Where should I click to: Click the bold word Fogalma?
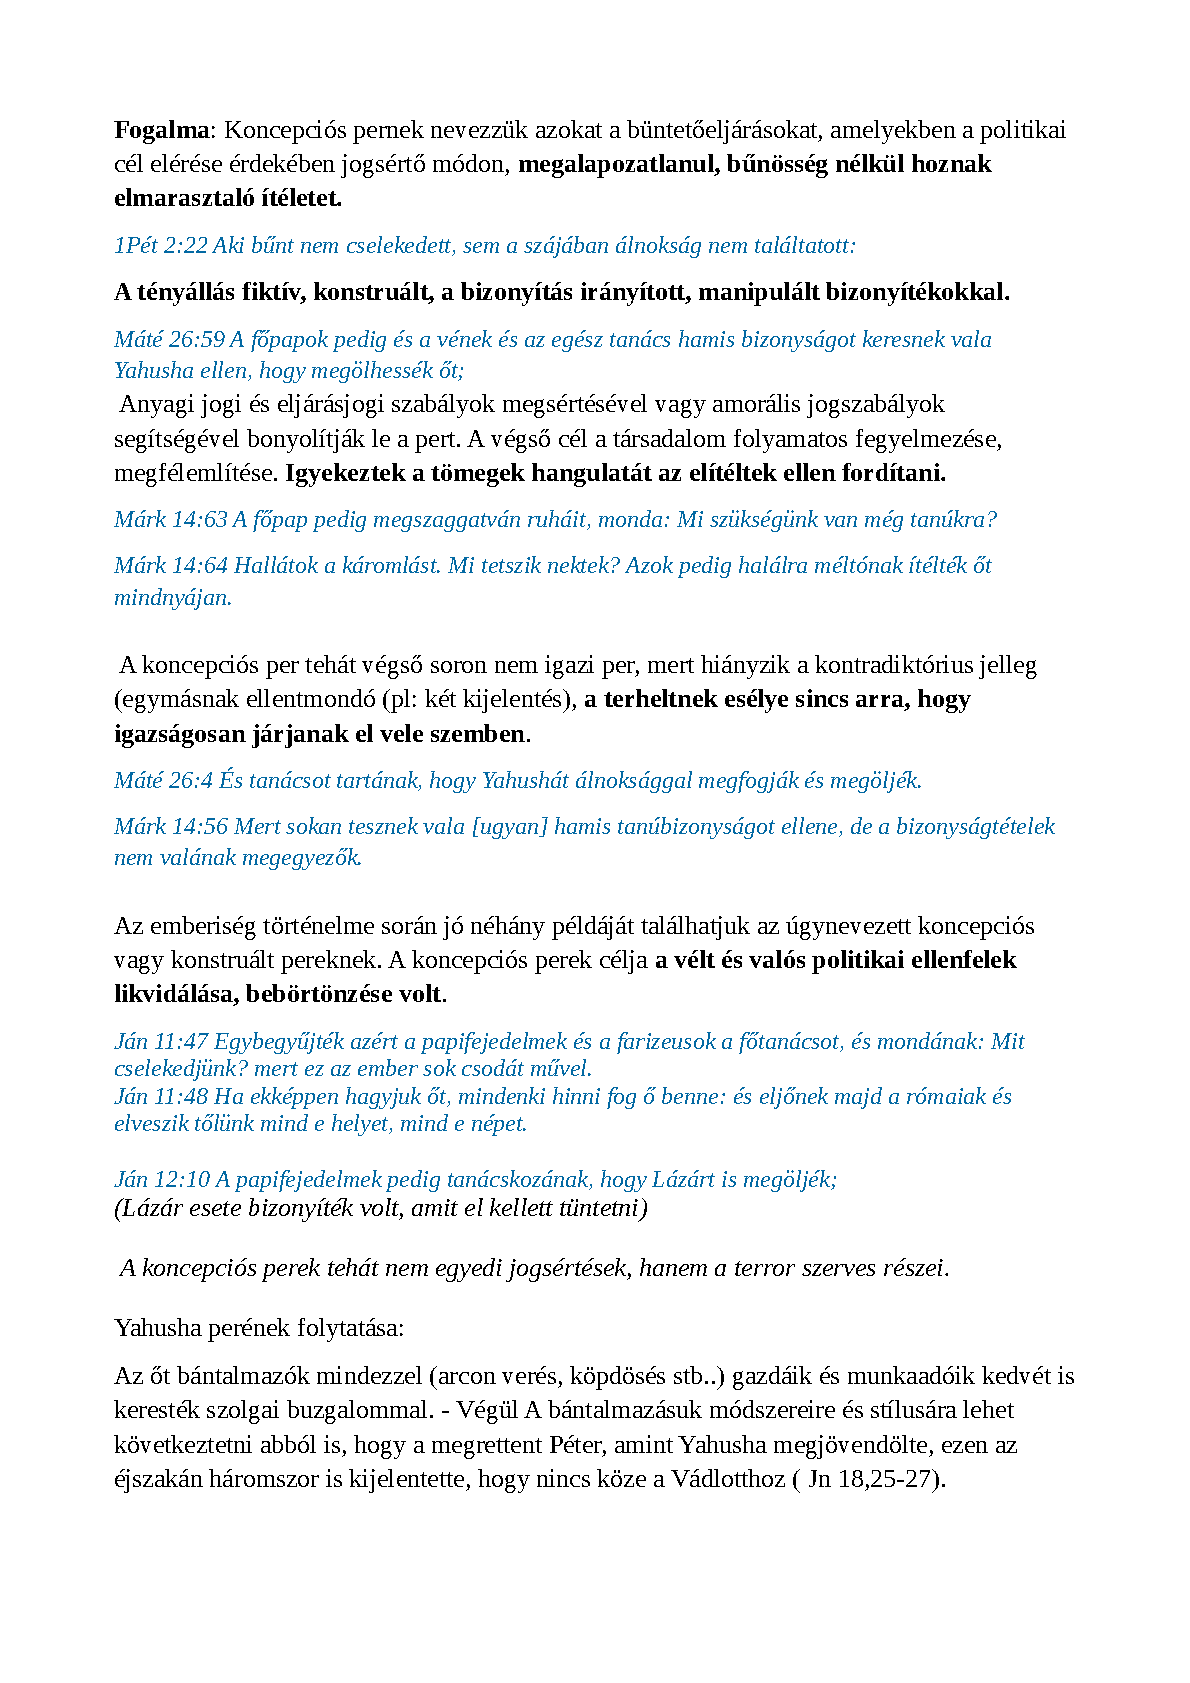click(162, 130)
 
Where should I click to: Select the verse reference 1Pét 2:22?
click(160, 246)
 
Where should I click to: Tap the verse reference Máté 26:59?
click(169, 340)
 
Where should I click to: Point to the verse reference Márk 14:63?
click(171, 520)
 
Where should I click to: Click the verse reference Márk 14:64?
click(171, 566)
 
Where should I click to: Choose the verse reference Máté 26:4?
click(163, 781)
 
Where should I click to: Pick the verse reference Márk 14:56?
click(171, 827)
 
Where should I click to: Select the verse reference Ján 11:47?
click(161, 1042)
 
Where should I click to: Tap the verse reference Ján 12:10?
click(162, 1180)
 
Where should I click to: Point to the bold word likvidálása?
click(174, 995)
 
